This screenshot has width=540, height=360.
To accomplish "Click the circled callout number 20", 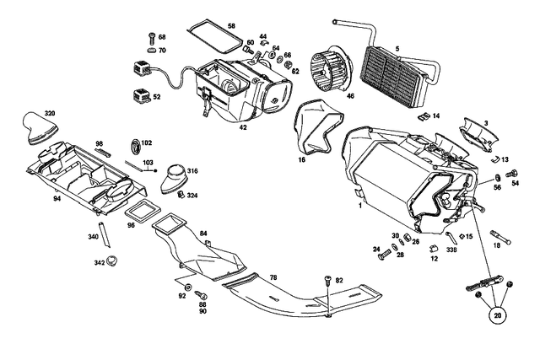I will tap(499, 315).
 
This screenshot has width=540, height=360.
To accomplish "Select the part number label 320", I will tap(50, 113).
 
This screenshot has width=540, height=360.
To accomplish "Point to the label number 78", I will tap(273, 277).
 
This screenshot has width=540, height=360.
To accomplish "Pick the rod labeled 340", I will tap(103, 233).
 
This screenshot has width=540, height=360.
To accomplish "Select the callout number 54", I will tap(516, 182).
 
